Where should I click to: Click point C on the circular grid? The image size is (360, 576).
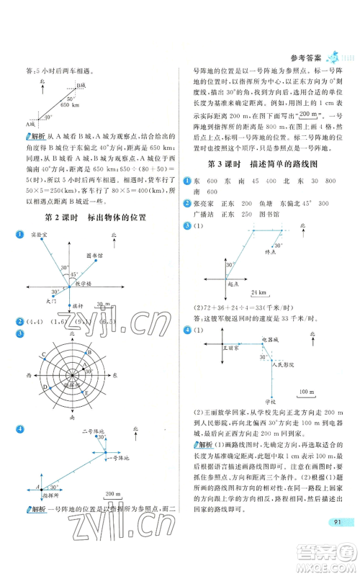coord(45,354)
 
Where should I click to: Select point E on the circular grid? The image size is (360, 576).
coord(88,393)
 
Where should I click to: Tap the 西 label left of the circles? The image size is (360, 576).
coord(29,376)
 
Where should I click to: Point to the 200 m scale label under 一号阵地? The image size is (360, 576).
coord(112,492)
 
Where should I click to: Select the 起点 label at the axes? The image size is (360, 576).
coord(234,284)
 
